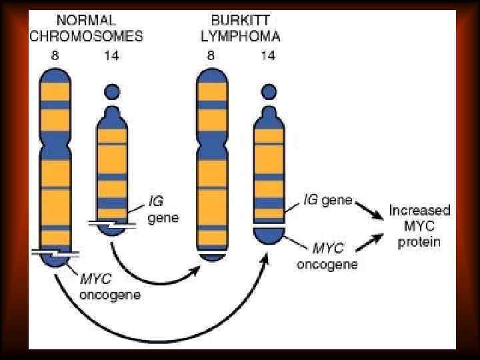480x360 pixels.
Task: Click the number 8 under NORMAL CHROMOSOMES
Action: click(x=55, y=55)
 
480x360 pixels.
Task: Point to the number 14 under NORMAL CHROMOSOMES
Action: click(x=111, y=55)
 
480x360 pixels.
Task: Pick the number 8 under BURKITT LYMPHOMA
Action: click(x=211, y=55)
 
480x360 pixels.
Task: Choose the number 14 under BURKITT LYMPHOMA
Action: click(x=268, y=55)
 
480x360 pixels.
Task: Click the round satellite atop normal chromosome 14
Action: click(x=112, y=92)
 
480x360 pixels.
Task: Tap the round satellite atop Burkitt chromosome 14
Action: click(x=269, y=91)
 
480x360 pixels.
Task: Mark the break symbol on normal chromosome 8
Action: click(x=56, y=253)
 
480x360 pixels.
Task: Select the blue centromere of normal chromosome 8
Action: click(x=56, y=143)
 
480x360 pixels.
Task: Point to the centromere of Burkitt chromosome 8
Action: click(x=213, y=141)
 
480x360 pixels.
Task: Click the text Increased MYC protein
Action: click(x=419, y=225)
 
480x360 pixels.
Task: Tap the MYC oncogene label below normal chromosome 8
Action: click(x=109, y=286)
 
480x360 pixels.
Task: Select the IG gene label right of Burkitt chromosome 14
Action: click(x=327, y=200)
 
